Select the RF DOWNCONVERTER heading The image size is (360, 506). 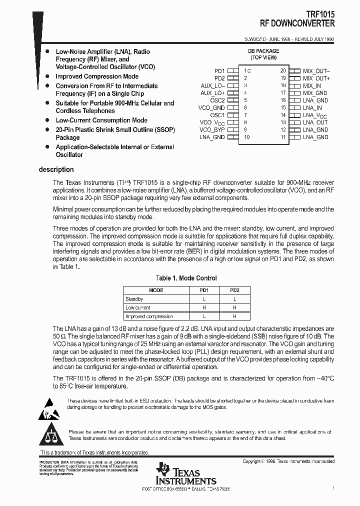click(x=297, y=23)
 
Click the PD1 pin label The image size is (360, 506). click(x=219, y=71)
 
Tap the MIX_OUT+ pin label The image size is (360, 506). click(x=316, y=78)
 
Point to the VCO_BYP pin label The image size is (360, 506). click(x=212, y=129)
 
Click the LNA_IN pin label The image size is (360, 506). click(x=312, y=107)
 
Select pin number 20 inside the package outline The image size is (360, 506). click(x=283, y=71)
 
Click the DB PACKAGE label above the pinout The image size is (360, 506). click(x=263, y=51)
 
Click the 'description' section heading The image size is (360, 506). click(x=56, y=169)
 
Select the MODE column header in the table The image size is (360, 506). click(x=156, y=290)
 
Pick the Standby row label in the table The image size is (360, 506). click(x=134, y=299)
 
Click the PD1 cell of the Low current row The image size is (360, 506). click(x=204, y=307)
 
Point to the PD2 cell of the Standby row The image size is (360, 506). click(x=234, y=299)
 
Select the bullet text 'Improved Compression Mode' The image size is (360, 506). click(x=97, y=76)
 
